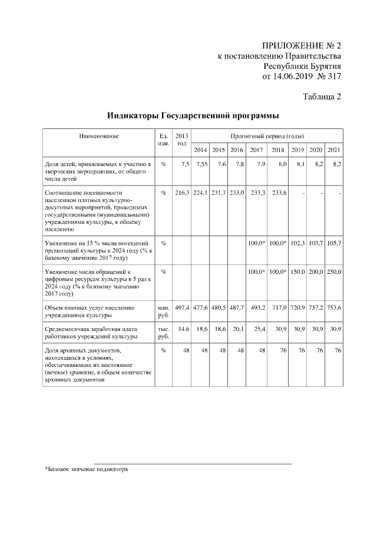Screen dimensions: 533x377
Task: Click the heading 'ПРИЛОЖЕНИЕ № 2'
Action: [x=301, y=45]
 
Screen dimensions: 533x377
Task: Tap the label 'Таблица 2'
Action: [x=322, y=97]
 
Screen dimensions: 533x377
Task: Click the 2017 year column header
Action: [x=256, y=150]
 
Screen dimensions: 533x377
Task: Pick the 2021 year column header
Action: [x=334, y=150]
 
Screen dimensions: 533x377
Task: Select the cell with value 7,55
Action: [x=201, y=164]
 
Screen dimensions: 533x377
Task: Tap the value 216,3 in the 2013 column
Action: [x=182, y=193]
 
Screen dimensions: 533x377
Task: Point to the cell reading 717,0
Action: [x=278, y=308]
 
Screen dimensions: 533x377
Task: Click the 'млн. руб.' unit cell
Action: [x=163, y=312]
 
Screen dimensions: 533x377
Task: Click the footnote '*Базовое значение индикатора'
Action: [x=86, y=469]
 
